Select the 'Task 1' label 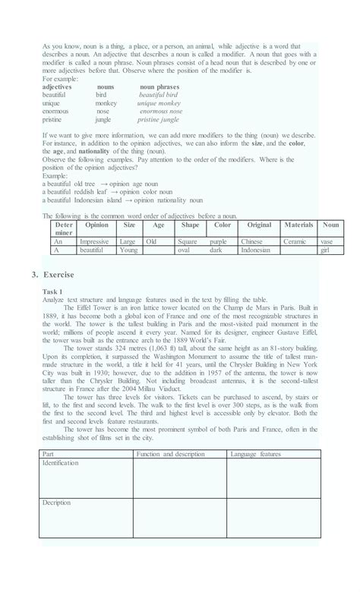point(55,291)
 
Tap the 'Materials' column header point(298,225)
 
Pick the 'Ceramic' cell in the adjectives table point(295,241)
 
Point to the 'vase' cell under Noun point(327,241)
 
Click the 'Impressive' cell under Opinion point(94,241)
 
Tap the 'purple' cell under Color point(218,241)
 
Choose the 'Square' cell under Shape point(188,241)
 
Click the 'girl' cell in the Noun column point(325,249)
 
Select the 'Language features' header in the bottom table point(255,454)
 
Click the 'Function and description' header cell point(170,454)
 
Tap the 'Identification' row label point(61,462)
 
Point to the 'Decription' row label point(57,502)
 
